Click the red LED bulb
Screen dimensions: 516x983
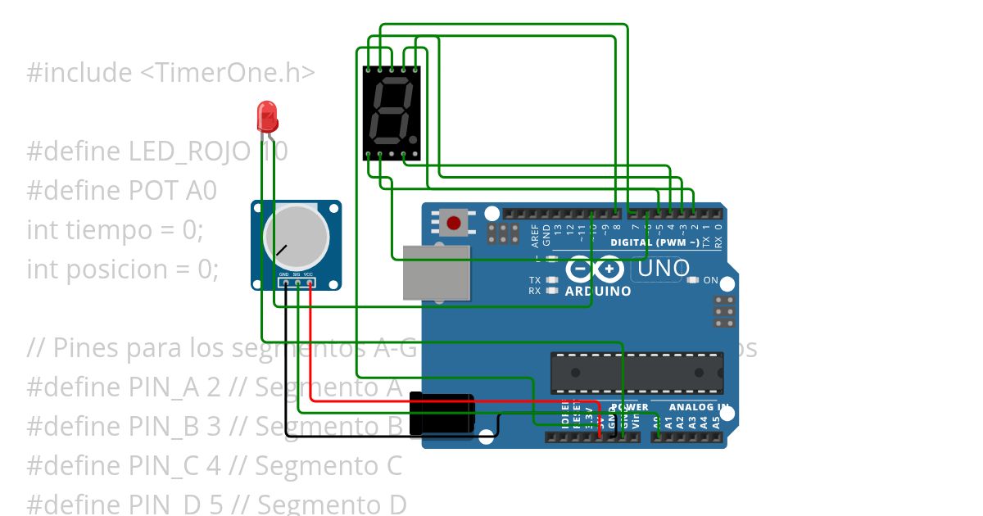268,117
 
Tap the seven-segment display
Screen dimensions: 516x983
392,113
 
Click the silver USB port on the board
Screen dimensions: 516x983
437,273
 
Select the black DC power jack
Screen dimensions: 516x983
442,414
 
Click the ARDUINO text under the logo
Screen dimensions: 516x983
598,291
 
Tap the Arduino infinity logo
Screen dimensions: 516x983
596,269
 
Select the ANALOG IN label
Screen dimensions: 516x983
699,407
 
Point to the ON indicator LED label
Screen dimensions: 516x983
710,280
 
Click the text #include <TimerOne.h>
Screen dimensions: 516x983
170,73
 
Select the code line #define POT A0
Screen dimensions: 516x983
121,191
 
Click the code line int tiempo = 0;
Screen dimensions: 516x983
114,230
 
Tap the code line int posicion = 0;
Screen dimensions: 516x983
123,269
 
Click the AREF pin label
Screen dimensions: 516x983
536,235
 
